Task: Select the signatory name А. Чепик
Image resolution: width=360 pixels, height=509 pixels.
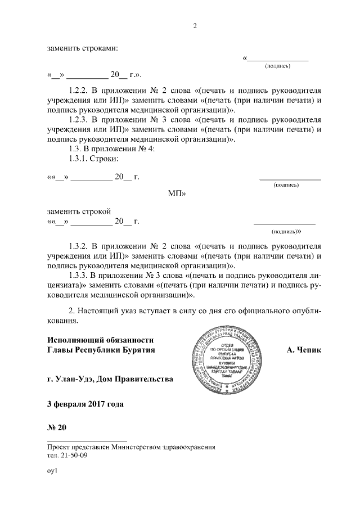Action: [304, 351]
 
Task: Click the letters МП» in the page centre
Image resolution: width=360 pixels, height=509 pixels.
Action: [177, 193]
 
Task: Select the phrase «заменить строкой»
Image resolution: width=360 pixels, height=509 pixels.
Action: [79, 211]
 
